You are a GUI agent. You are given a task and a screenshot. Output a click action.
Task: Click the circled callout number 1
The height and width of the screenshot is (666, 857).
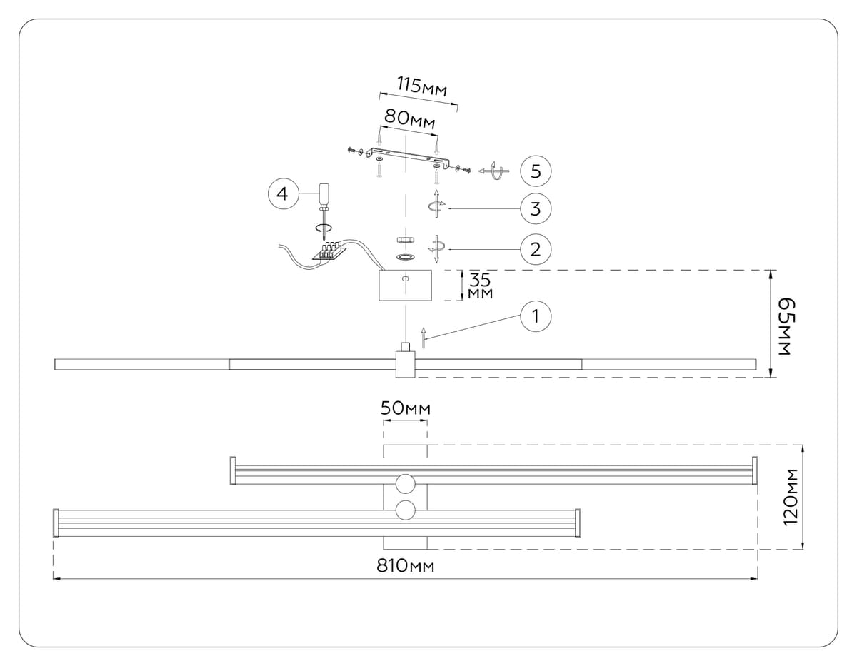(x=536, y=316)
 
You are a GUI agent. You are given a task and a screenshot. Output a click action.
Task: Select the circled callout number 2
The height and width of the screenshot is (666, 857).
(x=536, y=249)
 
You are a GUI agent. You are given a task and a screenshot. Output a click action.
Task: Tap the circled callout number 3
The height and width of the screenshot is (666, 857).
(x=536, y=209)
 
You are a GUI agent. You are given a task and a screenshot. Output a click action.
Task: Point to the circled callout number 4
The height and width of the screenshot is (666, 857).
(x=283, y=194)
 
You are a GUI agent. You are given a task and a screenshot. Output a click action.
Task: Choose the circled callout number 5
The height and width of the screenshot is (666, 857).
(x=536, y=171)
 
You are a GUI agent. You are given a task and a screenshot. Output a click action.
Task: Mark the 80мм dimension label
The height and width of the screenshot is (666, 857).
(x=409, y=118)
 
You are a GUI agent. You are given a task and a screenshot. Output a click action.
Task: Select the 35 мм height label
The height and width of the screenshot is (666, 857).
(x=479, y=285)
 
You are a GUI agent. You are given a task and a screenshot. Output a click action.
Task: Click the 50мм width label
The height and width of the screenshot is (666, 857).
(x=405, y=409)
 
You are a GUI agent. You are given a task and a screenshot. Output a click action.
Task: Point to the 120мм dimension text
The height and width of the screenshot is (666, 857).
(x=791, y=498)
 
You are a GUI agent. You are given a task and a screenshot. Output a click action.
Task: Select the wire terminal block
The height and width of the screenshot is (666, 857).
(x=329, y=251)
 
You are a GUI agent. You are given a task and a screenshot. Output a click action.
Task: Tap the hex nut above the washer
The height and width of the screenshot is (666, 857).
(x=405, y=239)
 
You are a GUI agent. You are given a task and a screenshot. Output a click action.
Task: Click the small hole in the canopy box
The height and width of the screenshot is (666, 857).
(x=405, y=278)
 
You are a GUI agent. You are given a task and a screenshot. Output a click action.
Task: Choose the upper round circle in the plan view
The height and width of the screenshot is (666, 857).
(x=405, y=483)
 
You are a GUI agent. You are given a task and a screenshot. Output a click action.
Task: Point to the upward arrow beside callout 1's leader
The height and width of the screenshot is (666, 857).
(x=424, y=337)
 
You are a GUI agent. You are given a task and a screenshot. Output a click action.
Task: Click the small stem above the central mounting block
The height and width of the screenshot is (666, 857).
(x=405, y=348)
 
